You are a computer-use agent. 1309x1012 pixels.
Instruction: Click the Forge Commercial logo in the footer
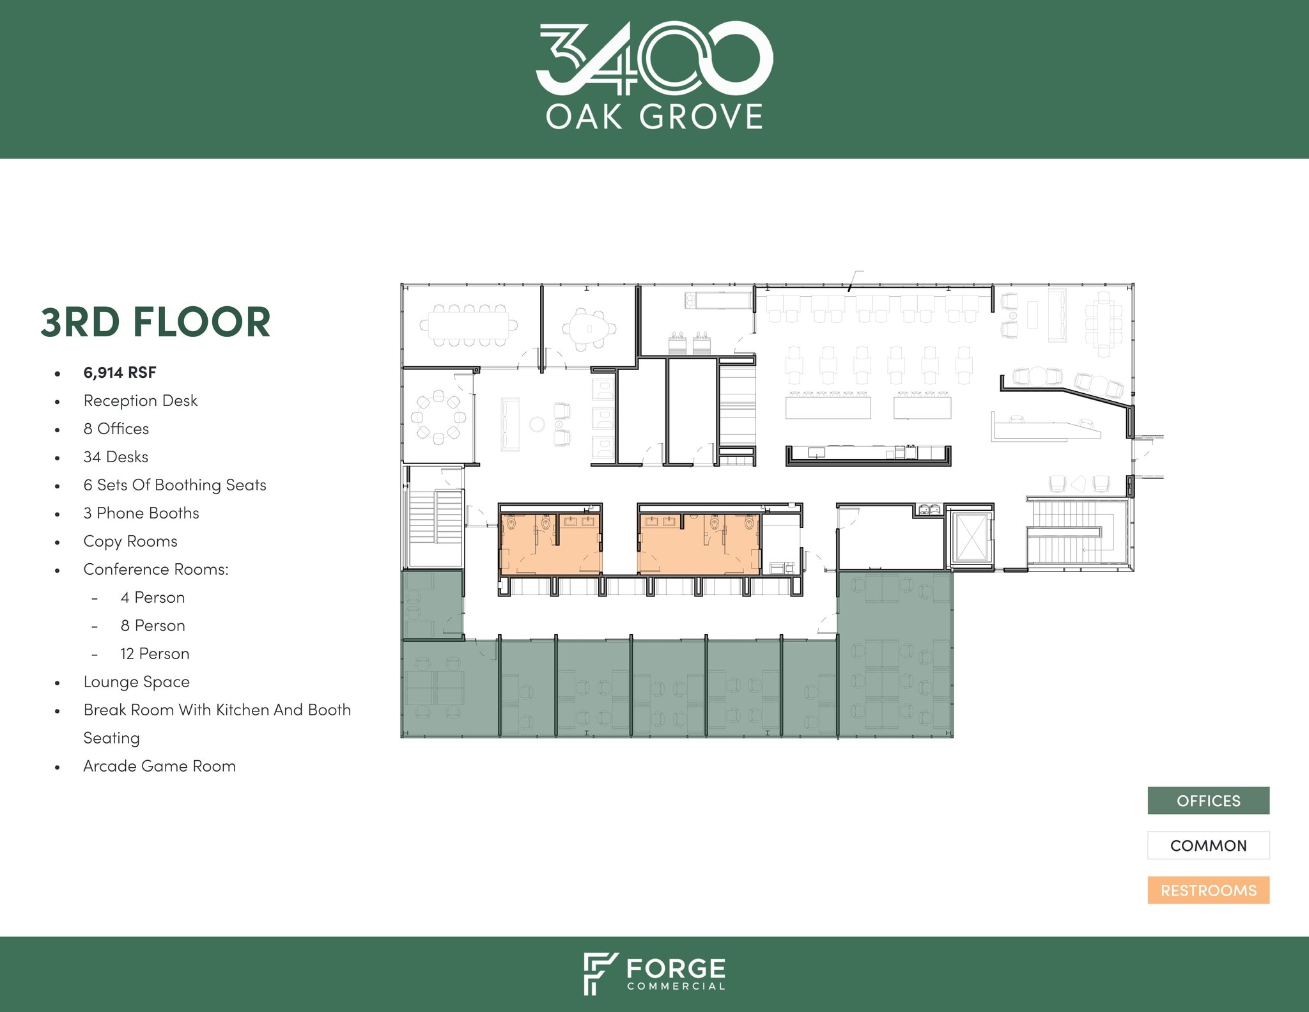point(654,973)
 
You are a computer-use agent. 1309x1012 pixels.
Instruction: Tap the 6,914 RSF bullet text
point(120,373)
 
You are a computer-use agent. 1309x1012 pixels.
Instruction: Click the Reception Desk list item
point(140,401)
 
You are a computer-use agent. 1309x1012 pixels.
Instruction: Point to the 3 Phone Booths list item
point(141,513)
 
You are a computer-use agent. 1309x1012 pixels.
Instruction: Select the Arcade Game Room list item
point(159,766)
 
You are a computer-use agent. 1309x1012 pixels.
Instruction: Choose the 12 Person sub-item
point(155,653)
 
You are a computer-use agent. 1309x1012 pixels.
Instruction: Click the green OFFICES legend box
point(1208,800)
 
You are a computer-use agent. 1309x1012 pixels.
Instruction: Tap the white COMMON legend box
point(1208,845)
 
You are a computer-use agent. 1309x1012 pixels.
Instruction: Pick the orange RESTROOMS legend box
point(1208,890)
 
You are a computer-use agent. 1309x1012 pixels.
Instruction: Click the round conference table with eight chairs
point(438,417)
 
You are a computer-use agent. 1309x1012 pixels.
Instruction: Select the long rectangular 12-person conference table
point(468,325)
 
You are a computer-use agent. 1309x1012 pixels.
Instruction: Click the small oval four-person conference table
point(588,329)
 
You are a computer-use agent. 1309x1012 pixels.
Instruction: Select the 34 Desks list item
point(116,457)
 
